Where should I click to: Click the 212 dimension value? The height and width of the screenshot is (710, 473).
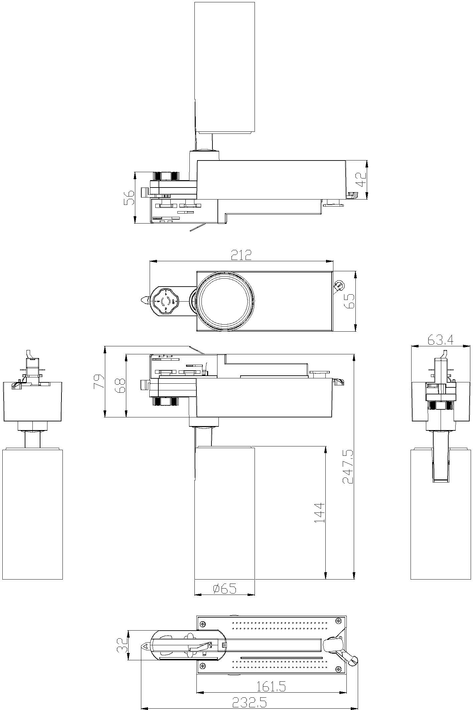241,255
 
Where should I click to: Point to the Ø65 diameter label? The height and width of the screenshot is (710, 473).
224,589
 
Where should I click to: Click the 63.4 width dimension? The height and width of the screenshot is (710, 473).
440,340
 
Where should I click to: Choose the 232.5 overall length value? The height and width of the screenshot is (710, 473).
249,703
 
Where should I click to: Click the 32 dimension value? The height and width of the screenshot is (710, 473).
123,645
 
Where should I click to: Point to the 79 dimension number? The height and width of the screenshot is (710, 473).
99,381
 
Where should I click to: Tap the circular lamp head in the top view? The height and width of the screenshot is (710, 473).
224,301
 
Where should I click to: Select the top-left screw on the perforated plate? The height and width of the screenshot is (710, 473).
202,623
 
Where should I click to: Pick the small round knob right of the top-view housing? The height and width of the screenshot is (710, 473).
340,286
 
